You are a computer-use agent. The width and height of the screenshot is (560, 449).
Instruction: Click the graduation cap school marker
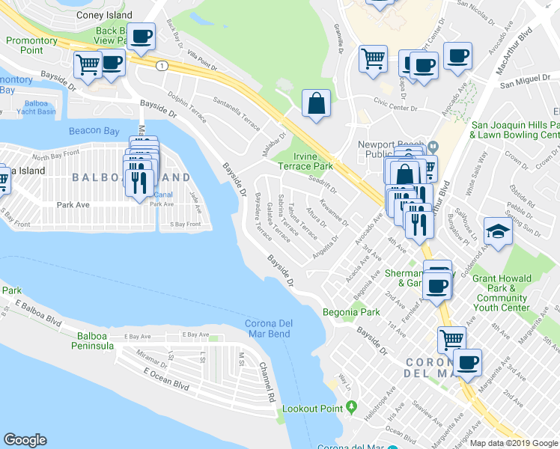(x=499, y=231)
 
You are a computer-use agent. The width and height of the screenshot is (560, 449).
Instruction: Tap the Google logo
(x=25, y=440)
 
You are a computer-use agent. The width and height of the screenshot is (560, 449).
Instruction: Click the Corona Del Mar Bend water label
(x=269, y=328)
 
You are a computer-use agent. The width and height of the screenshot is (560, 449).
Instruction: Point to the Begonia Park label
(x=346, y=311)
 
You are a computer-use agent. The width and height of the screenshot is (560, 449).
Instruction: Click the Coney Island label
(x=105, y=15)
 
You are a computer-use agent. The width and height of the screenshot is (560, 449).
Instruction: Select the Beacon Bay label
(x=94, y=131)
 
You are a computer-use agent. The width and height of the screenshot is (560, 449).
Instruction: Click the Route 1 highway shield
(x=162, y=66)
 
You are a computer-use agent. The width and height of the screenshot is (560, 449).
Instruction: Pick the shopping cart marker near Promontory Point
(x=88, y=64)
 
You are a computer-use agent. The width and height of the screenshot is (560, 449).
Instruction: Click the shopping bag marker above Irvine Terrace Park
(x=317, y=103)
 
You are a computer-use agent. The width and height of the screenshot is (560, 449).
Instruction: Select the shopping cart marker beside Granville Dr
(x=373, y=58)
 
